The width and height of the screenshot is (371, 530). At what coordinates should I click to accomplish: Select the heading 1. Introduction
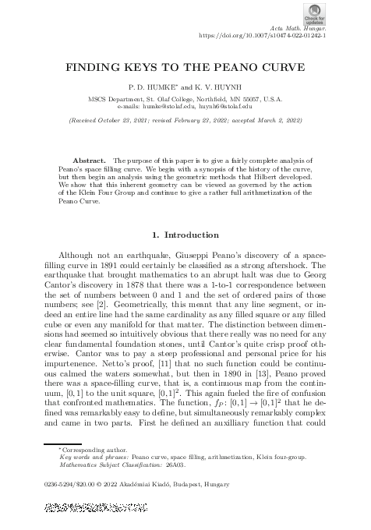point(185,234)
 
